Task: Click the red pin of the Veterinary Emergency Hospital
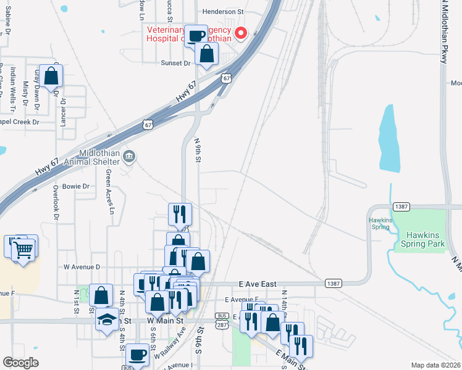tap(240, 33)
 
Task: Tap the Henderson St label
tap(224, 12)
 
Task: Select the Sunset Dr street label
tap(176, 63)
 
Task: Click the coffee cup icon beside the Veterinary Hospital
tap(196, 36)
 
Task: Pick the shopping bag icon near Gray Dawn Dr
tap(51, 76)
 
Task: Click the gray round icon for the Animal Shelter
tap(128, 155)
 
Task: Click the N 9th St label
tap(198, 150)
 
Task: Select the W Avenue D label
tap(82, 267)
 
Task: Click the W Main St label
tap(166, 321)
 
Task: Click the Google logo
tap(21, 363)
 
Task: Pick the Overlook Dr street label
tap(56, 203)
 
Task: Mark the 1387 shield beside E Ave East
tap(332, 282)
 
